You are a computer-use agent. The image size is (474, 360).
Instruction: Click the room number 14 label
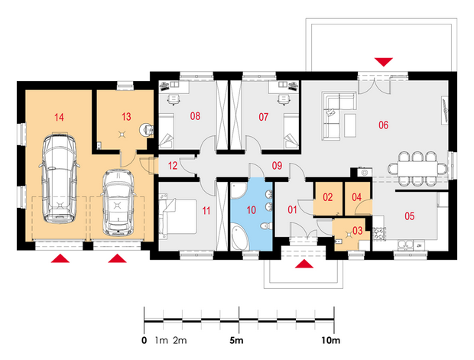(59, 117)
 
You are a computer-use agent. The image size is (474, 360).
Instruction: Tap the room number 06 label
(383, 125)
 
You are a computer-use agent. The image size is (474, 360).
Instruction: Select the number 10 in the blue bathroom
(252, 209)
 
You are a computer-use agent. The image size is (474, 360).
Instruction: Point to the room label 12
(173, 166)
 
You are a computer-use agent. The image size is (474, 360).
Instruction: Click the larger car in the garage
(59, 178)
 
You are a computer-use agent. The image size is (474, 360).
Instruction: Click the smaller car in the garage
(118, 203)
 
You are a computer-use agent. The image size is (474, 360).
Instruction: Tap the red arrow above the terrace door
(384, 62)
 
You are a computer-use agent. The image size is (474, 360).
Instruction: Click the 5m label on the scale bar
(236, 341)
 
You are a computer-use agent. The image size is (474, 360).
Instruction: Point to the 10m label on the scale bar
(331, 341)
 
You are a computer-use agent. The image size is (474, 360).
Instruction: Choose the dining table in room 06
(417, 169)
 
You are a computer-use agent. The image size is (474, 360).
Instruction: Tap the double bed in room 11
(177, 217)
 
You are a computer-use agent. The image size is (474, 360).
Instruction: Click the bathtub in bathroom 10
(240, 238)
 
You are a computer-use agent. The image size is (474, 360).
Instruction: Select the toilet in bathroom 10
(266, 226)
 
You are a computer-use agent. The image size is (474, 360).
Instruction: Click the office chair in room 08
(174, 99)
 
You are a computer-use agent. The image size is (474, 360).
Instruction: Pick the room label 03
(357, 231)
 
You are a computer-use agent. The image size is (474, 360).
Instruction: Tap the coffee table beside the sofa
(350, 125)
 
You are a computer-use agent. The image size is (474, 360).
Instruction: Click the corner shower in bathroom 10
(239, 190)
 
